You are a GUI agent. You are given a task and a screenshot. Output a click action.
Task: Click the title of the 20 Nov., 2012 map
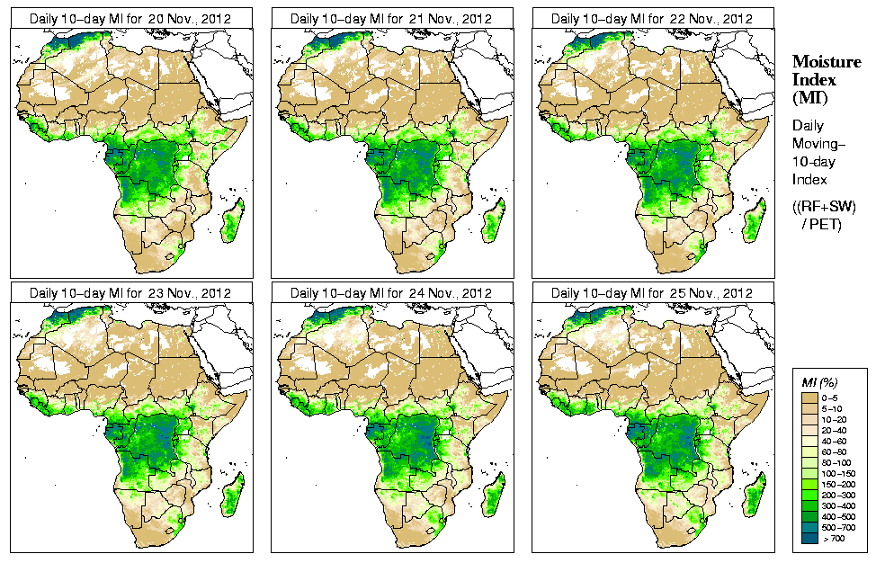[x=130, y=18]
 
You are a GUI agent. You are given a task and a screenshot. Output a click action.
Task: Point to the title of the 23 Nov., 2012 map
[x=130, y=293]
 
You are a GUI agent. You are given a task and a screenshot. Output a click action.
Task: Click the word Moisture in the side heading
[x=826, y=61]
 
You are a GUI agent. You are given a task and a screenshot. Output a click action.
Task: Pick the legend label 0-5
[x=832, y=397]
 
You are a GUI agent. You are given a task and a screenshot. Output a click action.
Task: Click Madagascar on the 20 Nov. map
[x=233, y=221]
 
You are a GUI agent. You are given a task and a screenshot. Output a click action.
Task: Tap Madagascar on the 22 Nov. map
[x=755, y=221]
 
